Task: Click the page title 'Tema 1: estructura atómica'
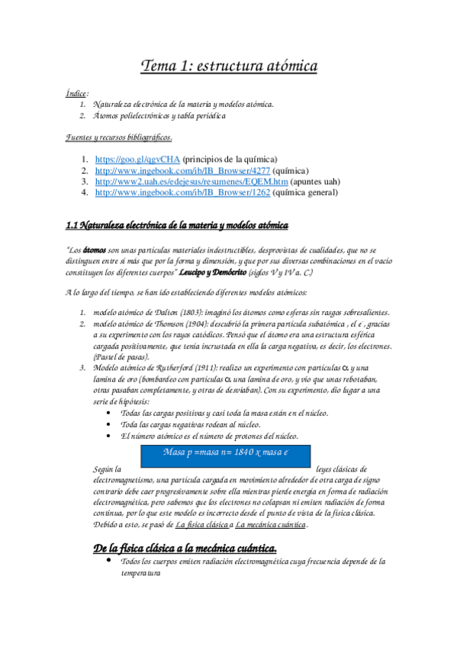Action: tap(229, 67)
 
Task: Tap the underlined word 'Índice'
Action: tap(76, 92)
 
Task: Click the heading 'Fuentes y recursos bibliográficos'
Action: tap(118, 137)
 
